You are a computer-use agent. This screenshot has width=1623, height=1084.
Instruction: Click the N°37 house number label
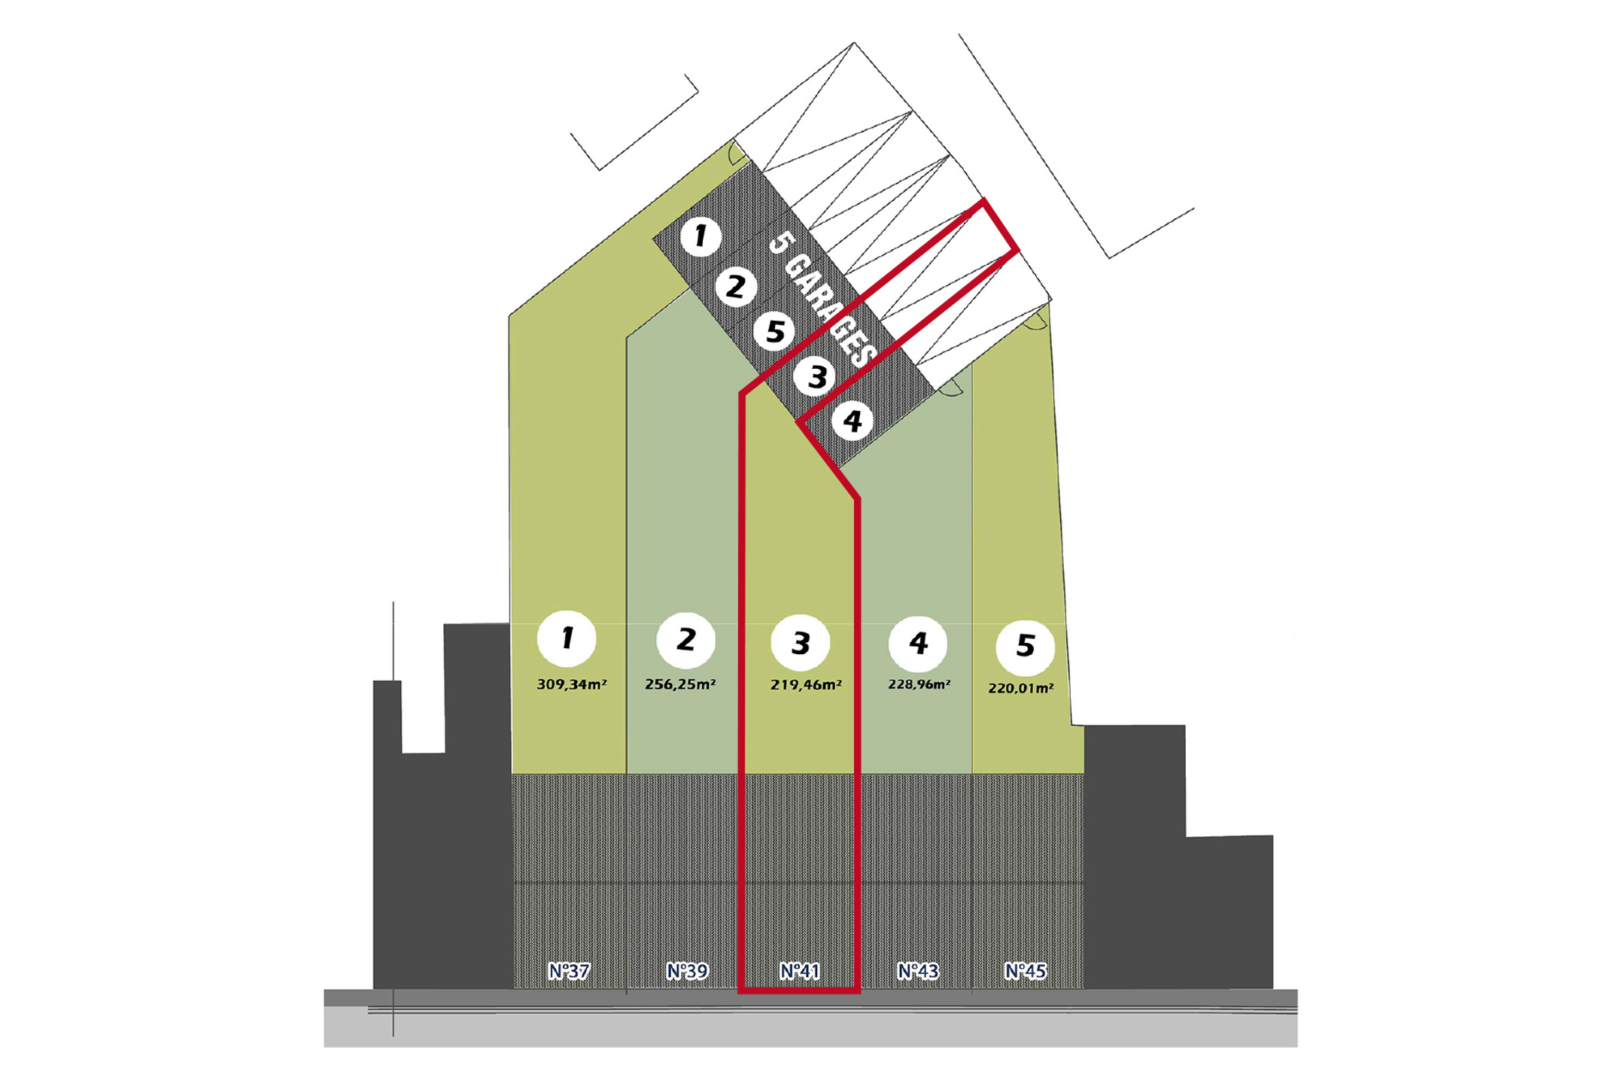568,971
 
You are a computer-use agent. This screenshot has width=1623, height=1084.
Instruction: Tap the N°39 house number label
687,971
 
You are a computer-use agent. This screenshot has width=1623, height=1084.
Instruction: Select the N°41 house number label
799,971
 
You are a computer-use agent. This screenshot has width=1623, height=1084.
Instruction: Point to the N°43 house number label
918,971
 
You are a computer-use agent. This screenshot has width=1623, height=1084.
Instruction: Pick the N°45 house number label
1025,971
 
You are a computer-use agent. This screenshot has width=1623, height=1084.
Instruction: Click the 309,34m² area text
572,684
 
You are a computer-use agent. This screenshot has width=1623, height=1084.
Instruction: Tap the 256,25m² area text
680,684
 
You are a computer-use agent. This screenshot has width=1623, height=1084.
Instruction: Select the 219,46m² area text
806,685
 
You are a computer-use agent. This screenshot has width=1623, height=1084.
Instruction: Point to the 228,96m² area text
919,684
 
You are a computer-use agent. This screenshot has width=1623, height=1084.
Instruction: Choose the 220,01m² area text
1020,688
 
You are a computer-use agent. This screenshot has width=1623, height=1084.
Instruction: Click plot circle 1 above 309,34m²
567,638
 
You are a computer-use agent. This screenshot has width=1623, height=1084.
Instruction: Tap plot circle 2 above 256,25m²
685,640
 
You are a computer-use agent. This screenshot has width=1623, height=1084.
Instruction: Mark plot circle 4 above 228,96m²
918,643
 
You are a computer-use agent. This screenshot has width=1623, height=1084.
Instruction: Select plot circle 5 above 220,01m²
1025,646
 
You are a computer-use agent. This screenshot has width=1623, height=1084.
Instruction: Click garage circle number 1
701,236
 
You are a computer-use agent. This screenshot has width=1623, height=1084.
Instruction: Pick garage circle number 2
735,286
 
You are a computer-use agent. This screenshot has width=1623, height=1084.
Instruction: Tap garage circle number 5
774,331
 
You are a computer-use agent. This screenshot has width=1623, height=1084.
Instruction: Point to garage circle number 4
852,421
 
